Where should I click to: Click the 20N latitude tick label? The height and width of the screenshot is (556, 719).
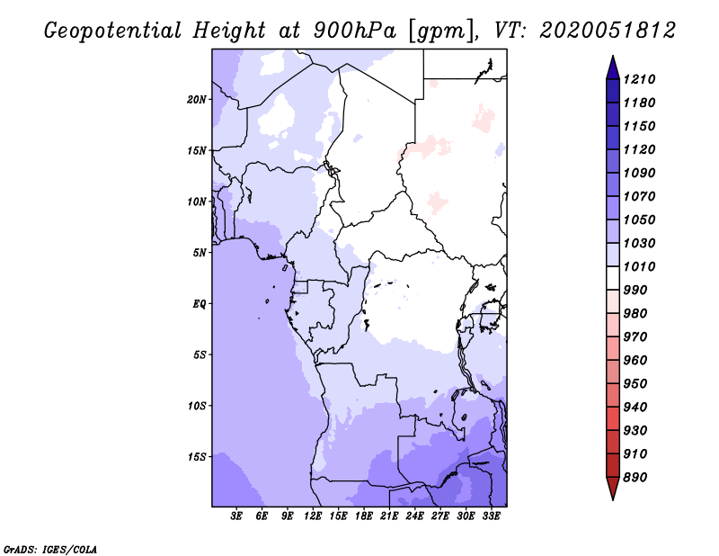click(x=197, y=99)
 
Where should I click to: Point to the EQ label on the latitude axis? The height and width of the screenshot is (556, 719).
click(x=200, y=303)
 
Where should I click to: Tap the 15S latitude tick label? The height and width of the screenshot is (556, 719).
click(x=197, y=456)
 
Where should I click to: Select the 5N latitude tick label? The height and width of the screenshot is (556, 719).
click(x=200, y=252)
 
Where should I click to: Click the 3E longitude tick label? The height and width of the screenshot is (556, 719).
click(x=237, y=516)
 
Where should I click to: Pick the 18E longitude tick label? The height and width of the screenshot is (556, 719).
click(x=364, y=516)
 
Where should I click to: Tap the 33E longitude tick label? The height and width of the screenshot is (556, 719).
click(x=491, y=516)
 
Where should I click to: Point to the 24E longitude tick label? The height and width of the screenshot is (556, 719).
click(x=414, y=516)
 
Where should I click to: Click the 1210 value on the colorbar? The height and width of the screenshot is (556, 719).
click(x=642, y=79)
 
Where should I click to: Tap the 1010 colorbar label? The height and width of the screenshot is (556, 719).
click(x=642, y=266)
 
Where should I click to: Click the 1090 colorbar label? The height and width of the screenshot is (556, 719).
click(x=642, y=173)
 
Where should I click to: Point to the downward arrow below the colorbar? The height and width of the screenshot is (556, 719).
click(x=612, y=489)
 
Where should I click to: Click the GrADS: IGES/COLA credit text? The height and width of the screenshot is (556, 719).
click(x=50, y=548)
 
